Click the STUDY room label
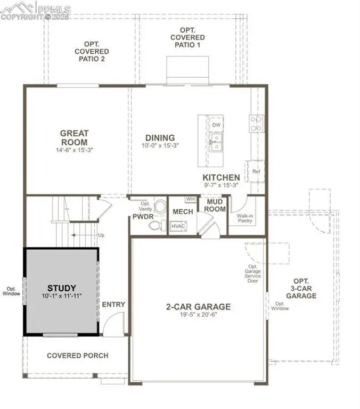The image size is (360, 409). pos(61,288)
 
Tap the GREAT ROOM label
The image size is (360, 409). pos(74,137)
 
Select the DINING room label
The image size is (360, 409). pos(160,137)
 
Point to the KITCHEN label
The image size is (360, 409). pos(221,177)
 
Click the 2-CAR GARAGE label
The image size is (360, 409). pos(198,307)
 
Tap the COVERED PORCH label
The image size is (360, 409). pos(77,355)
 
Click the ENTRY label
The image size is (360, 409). pos(113,305)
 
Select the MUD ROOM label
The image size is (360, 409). pos(213,206)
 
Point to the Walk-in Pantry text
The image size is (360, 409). pos(245,219)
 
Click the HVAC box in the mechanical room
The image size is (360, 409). pos(177,226)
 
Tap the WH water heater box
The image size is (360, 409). pos(190,199)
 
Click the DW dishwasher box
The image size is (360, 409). pos(216,125)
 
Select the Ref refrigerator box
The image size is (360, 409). pos(256,171)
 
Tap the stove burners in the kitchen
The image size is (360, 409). pos(256,124)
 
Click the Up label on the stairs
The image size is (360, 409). pos(101,235)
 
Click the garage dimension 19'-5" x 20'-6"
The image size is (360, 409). pos(198,315)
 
